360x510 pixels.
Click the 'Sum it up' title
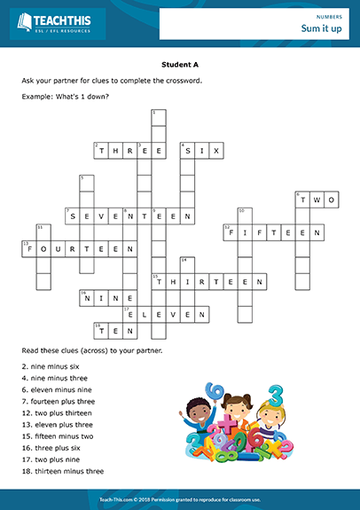(321, 30)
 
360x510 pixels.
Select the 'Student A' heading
(179, 65)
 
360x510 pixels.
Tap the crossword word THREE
(129, 152)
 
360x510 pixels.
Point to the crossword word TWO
(317, 200)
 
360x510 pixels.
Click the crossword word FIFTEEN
(273, 232)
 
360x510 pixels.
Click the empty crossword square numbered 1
(159, 119)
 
